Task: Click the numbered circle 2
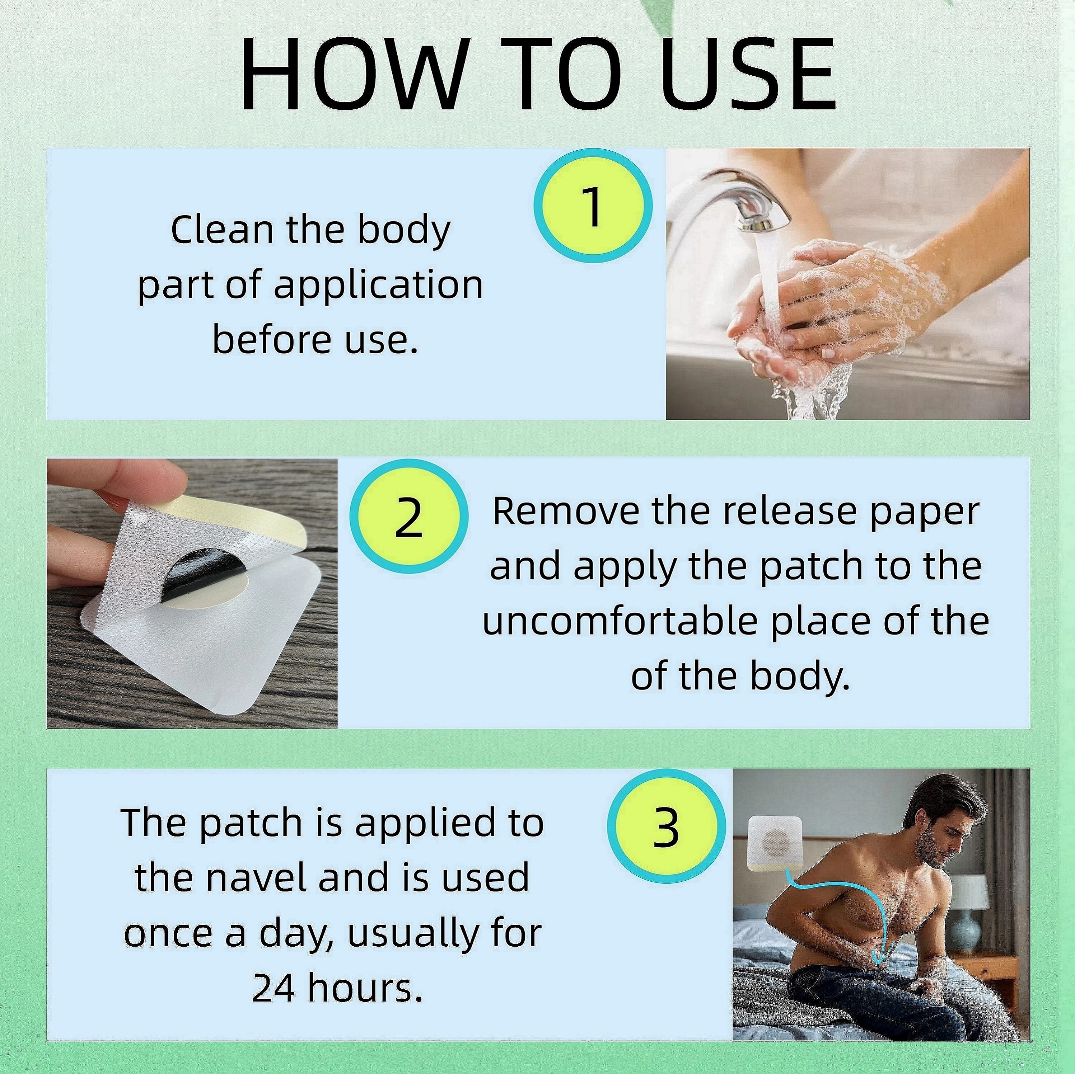click(409, 517)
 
